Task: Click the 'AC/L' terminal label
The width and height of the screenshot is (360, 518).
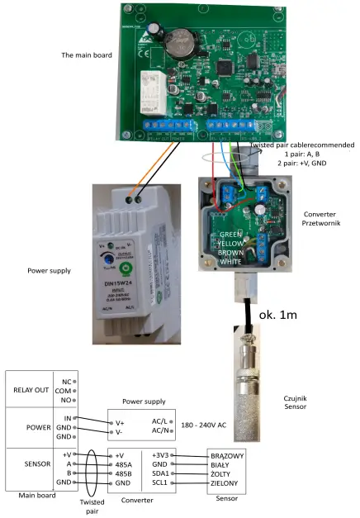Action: pyautogui.click(x=162, y=421)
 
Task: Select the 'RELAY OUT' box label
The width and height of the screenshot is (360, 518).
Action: pyautogui.click(x=33, y=392)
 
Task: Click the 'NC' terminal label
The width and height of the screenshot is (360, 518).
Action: pyautogui.click(x=66, y=382)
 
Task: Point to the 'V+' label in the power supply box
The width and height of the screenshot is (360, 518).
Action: pyautogui.click(x=120, y=421)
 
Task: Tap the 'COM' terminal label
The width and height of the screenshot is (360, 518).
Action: pyautogui.click(x=65, y=392)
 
